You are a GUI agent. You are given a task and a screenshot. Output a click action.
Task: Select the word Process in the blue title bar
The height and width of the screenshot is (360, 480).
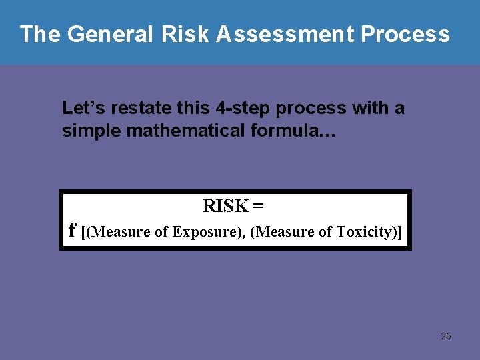(406, 34)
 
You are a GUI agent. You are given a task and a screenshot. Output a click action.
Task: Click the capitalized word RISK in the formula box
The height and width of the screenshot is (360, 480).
(225, 207)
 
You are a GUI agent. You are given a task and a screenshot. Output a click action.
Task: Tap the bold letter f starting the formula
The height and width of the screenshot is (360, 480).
(73, 231)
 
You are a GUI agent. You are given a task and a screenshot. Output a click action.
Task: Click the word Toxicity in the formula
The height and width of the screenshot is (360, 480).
(363, 232)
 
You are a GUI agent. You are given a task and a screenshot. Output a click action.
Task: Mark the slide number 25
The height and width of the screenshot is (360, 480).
(446, 336)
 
